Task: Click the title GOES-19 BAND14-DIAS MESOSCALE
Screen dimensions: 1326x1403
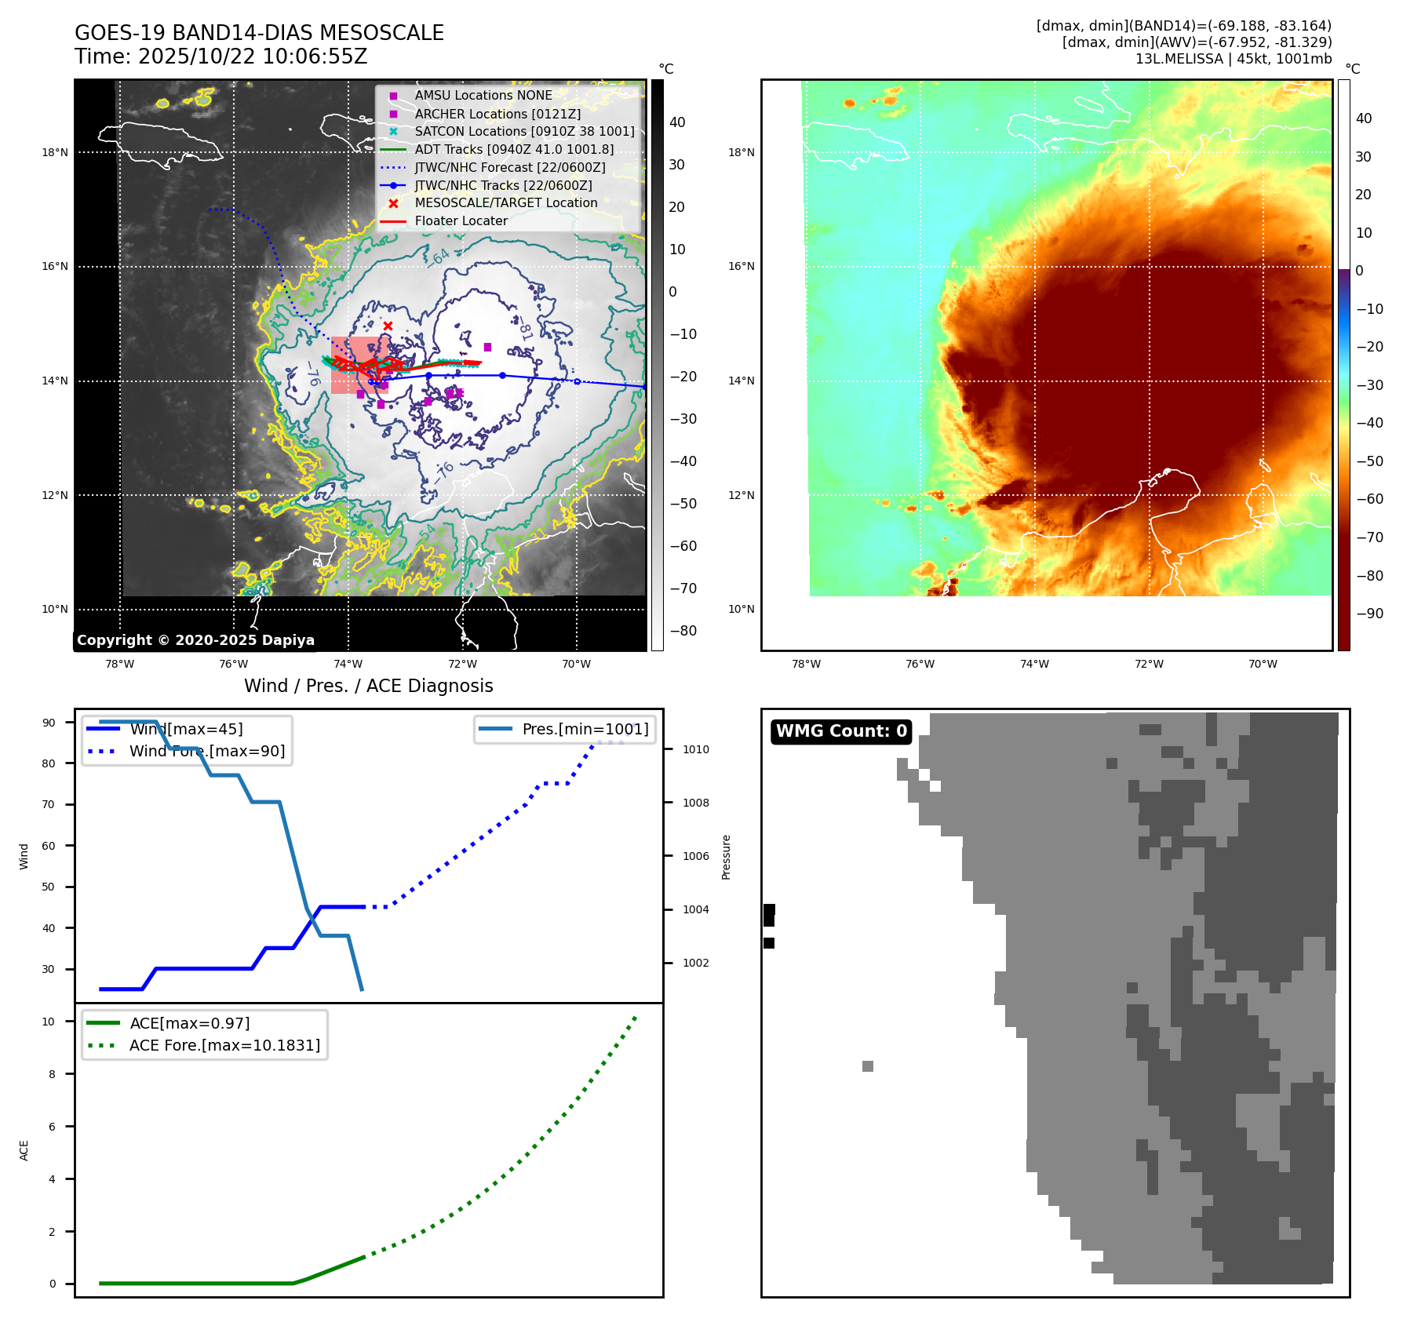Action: (x=259, y=33)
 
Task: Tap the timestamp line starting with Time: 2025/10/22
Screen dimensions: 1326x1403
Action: (x=220, y=56)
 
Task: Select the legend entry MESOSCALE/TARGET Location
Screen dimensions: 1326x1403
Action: (x=505, y=203)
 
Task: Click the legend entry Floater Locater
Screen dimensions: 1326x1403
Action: (x=461, y=221)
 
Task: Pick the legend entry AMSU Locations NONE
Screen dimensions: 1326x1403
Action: (x=483, y=96)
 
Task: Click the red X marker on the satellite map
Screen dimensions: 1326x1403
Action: (x=388, y=326)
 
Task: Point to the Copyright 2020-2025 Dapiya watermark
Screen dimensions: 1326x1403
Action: (x=195, y=640)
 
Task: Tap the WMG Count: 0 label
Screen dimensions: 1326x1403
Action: (x=841, y=731)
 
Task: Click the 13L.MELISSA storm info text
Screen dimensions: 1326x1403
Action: (x=1233, y=59)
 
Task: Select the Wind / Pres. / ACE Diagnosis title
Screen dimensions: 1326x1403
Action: (x=368, y=686)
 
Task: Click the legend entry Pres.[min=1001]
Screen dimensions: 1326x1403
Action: (x=585, y=729)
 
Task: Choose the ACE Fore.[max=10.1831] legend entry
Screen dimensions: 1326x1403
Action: (x=224, y=1045)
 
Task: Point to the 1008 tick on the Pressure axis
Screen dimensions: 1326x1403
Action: (x=695, y=803)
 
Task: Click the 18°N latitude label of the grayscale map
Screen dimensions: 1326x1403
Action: (x=55, y=152)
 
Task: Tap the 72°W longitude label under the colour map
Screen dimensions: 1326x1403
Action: (x=1149, y=664)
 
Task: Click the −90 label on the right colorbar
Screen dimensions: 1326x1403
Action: (x=1369, y=614)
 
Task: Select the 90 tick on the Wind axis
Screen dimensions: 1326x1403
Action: (x=49, y=723)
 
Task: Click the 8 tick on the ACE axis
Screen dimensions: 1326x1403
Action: (x=52, y=1074)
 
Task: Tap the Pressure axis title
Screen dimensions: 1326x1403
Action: (x=726, y=857)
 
